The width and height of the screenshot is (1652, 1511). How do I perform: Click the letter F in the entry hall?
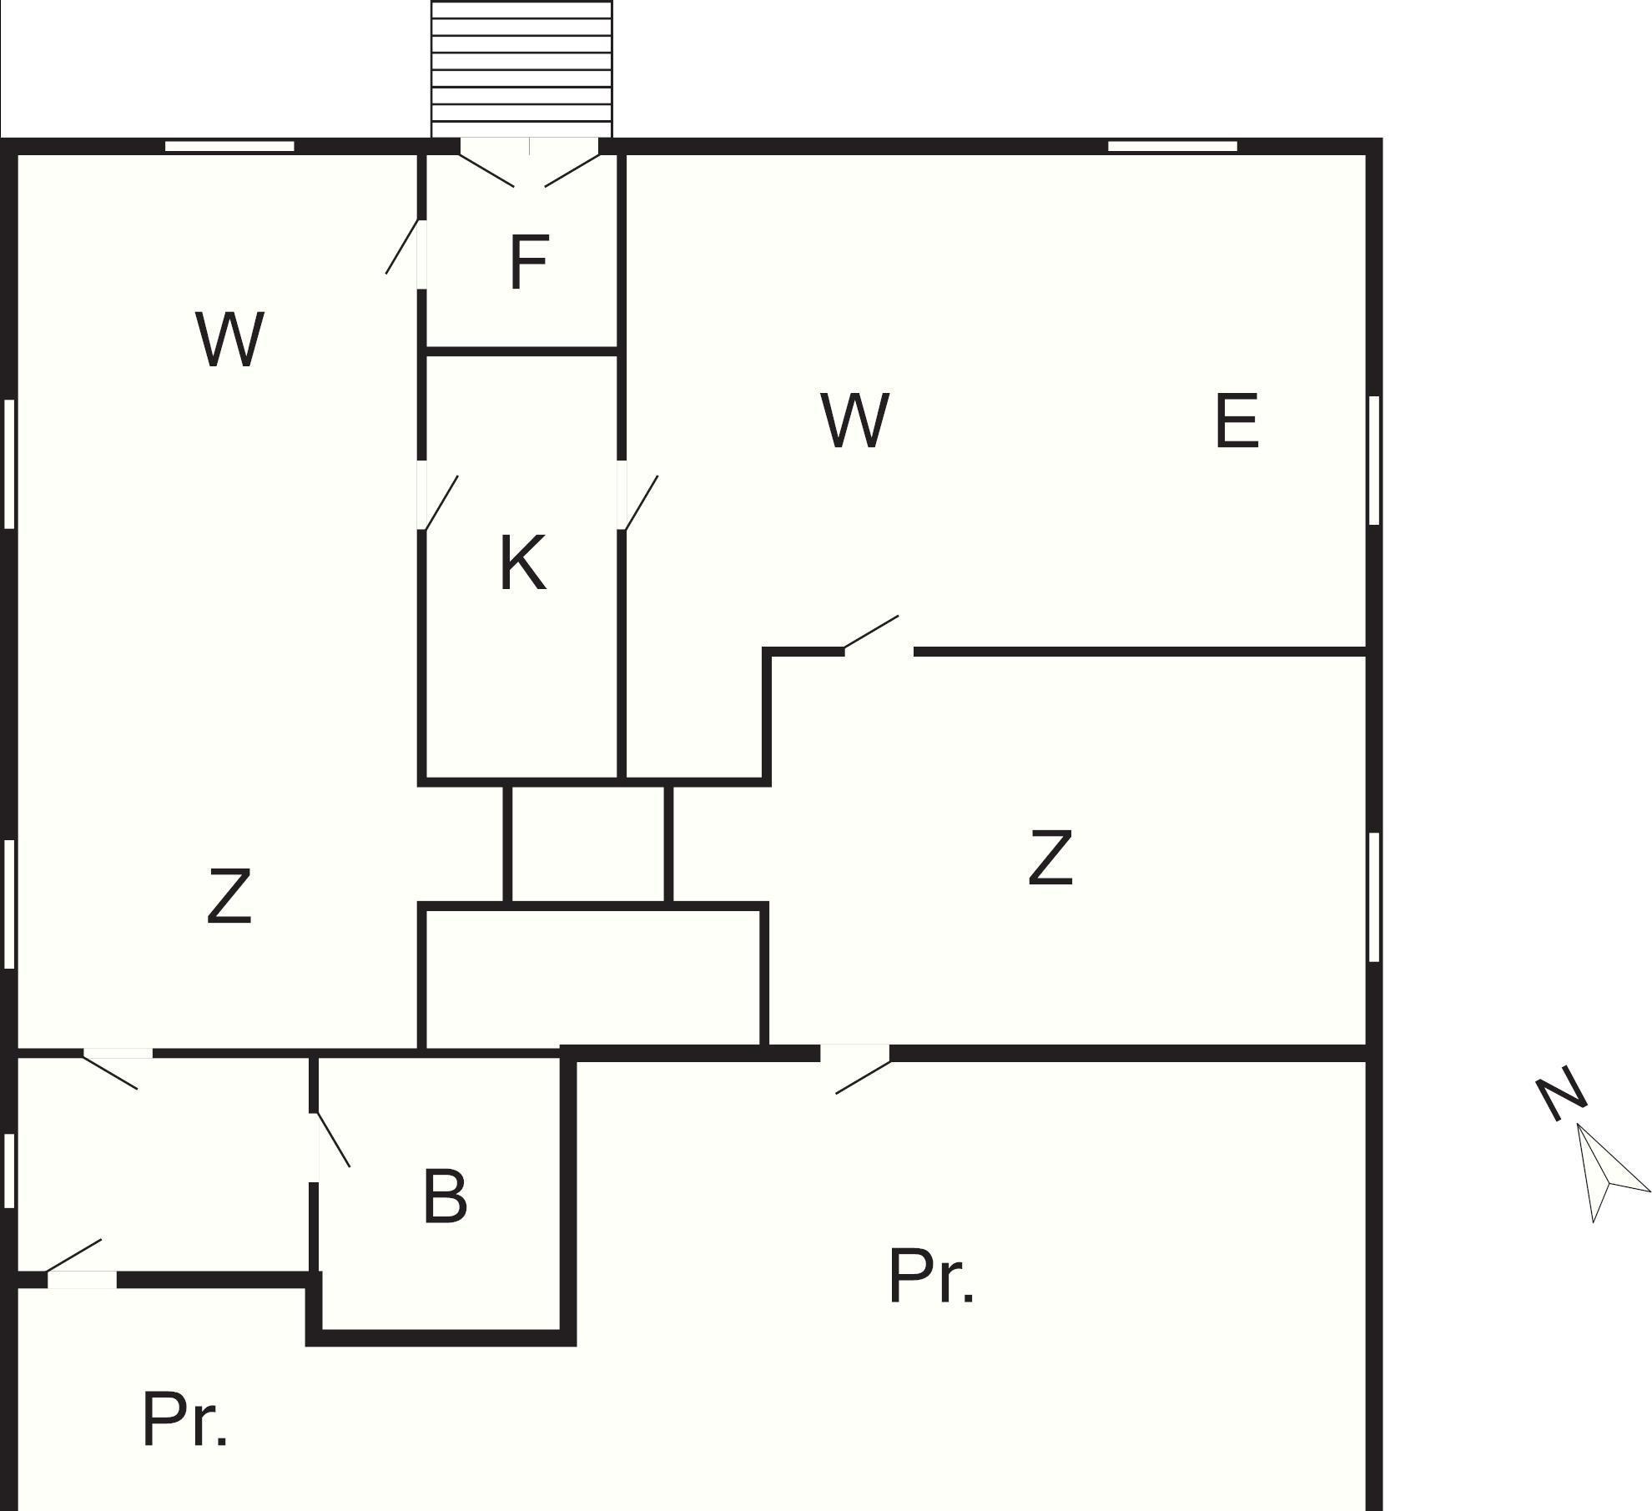(x=529, y=263)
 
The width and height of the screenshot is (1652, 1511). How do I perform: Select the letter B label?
(x=445, y=1196)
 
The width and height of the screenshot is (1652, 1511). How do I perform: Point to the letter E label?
(x=1236, y=421)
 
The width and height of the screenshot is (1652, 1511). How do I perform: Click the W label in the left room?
(x=230, y=339)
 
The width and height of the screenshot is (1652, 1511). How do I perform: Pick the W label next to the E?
(x=855, y=421)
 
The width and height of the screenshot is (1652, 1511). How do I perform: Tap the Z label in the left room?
(x=229, y=896)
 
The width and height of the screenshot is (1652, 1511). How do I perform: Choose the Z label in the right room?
(x=1050, y=857)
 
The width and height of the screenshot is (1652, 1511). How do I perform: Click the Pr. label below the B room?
(x=184, y=1420)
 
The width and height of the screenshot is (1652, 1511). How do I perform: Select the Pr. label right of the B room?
(x=931, y=1277)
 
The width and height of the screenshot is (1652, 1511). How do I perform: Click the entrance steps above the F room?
(x=521, y=68)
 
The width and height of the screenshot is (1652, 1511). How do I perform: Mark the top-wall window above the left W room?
(x=229, y=147)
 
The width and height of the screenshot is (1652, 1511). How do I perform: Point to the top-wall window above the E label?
(x=1172, y=147)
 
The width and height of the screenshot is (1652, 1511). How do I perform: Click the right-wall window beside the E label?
(x=1373, y=461)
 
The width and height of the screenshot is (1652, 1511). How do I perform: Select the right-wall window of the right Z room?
(x=1373, y=897)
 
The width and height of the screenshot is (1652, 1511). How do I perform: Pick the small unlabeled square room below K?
(x=588, y=843)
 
